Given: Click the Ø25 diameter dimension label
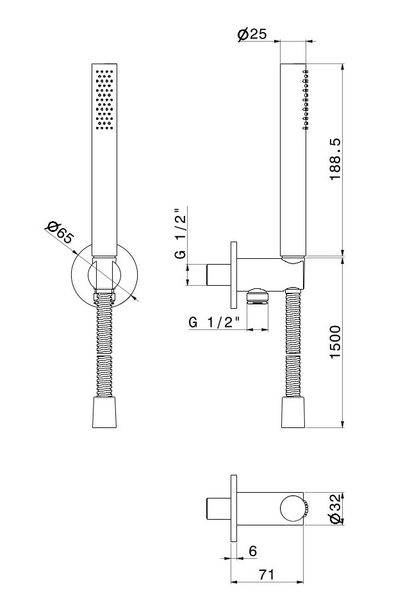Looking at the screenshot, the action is [x=252, y=35].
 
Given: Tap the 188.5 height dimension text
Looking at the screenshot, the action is [x=335, y=159].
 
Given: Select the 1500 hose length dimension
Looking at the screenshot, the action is [x=335, y=342].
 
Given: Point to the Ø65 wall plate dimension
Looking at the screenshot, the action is [x=60, y=233].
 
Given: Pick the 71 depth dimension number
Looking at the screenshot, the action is [x=267, y=574].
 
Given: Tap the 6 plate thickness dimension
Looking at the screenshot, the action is [x=253, y=551].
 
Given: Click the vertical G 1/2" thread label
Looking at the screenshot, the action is [x=181, y=233].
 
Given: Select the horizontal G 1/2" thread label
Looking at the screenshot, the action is [x=214, y=322].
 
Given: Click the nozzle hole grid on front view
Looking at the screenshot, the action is [x=104, y=99].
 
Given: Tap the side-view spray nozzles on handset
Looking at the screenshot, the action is [x=306, y=99].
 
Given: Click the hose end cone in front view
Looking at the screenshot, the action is [x=104, y=413].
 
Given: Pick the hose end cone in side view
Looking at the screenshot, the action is [x=293, y=413].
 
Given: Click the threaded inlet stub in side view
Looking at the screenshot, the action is [x=219, y=276].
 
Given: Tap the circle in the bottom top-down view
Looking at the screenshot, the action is [x=292, y=509].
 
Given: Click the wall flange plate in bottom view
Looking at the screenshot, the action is [x=234, y=508].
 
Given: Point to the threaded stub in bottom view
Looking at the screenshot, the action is [x=218, y=508].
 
